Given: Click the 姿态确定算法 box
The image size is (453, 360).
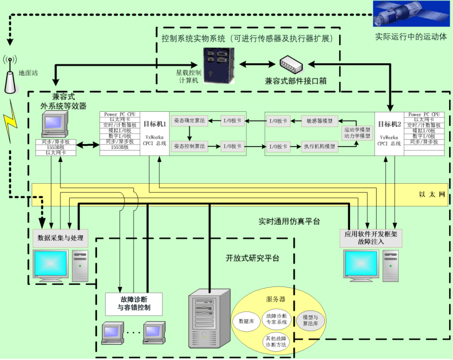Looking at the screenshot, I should [x=189, y=121].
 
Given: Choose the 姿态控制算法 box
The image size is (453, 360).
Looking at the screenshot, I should [x=189, y=146].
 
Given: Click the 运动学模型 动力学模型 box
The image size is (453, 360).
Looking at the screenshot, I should [x=357, y=133].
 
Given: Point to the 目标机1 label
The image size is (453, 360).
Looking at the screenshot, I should [x=155, y=124].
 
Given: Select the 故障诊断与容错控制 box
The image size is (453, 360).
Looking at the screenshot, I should [x=134, y=304].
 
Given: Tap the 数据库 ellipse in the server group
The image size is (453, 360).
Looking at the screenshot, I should [x=246, y=321].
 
